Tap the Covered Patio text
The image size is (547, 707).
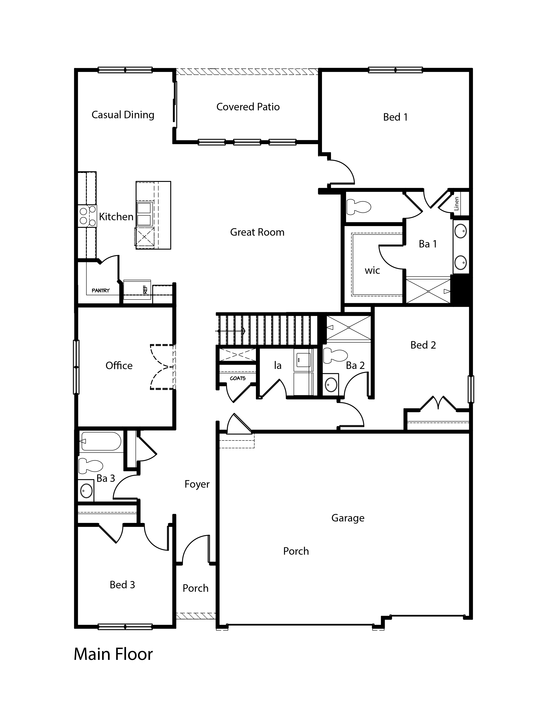[248, 107]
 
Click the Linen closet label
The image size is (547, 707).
[457, 204]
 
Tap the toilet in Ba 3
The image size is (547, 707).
[90, 465]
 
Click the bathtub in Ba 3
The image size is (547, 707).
[100, 441]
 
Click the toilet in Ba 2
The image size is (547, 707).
[335, 355]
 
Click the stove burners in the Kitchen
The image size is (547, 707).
[88, 216]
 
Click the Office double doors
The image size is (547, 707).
[162, 367]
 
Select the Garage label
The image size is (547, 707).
[348, 518]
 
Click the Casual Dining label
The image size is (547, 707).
[123, 115]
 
